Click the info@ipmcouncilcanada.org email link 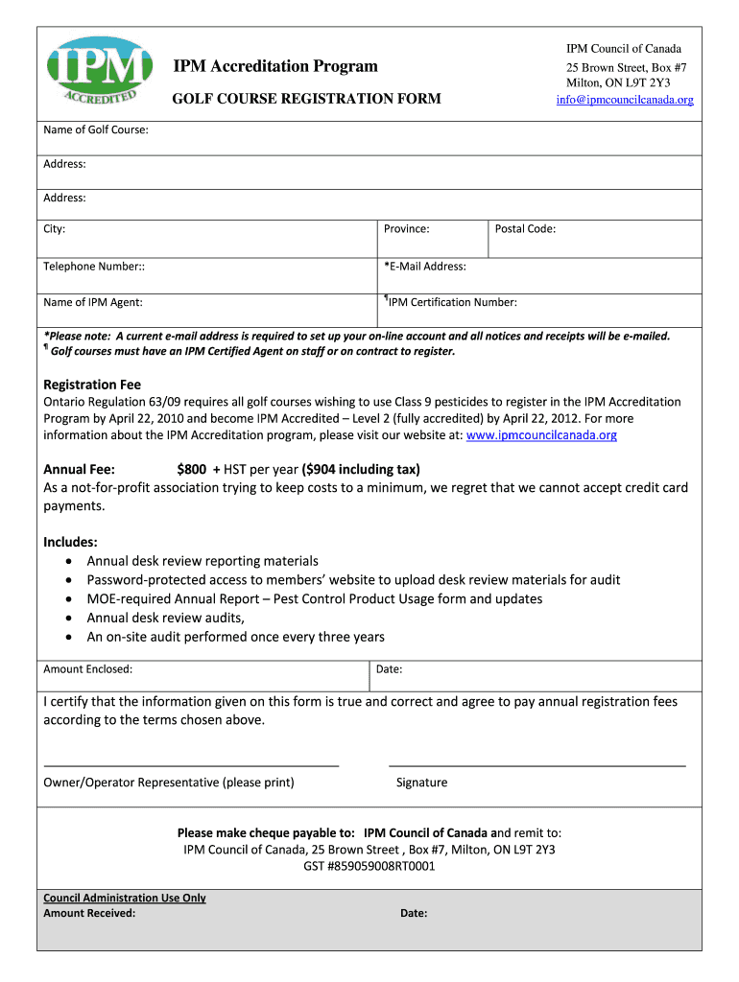point(624,100)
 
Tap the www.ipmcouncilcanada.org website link point(541,435)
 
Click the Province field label point(406,229)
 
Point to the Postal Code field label point(525,229)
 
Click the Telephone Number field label point(94,267)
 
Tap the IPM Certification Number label point(452,303)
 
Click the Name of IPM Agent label point(93,303)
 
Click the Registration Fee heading point(92,385)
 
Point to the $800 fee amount point(192,470)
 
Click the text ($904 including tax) point(361,470)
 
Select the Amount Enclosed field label point(88,669)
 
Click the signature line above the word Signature point(536,765)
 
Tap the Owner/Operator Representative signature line point(191,765)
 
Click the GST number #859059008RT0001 point(369,866)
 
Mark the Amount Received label point(89,913)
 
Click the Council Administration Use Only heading point(125,899)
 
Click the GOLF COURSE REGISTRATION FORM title point(306,99)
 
